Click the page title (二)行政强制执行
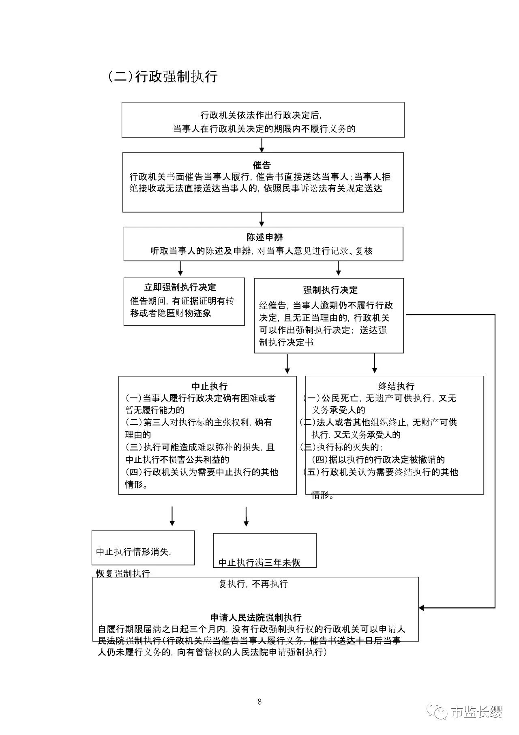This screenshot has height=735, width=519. tap(163, 76)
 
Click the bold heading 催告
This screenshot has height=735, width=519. tap(262, 165)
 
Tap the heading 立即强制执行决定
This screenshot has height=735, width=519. tap(180, 287)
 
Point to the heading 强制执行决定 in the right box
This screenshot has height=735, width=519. tap(330, 290)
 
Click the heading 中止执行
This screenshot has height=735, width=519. tap(210, 386)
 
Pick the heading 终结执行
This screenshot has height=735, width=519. tap(396, 386)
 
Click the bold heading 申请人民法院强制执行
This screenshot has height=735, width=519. tap(256, 618)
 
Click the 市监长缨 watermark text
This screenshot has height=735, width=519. tap(476, 712)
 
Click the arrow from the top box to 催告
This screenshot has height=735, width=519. tap(262, 145)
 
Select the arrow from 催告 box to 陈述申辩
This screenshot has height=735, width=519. tap(262, 219)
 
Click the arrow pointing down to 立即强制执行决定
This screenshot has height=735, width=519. tap(180, 268)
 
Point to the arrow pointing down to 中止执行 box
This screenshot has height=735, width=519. tap(287, 364)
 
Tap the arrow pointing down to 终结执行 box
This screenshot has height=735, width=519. tap(375, 364)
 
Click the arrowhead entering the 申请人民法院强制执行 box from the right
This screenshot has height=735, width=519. tap(422, 608)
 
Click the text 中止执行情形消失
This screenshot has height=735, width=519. tap(133, 552)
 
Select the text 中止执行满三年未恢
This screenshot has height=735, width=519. tap(259, 563)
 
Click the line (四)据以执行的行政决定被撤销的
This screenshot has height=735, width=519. tap(378, 459)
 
